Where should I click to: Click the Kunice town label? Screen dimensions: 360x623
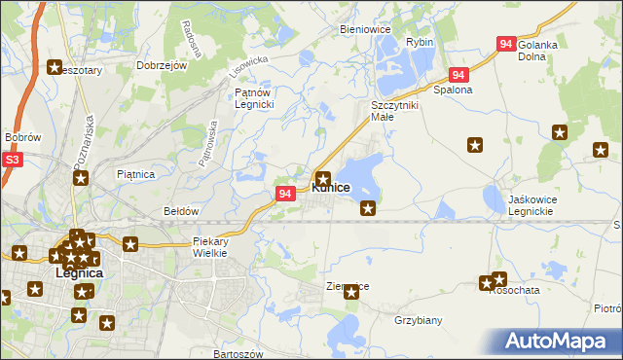[x=330, y=187]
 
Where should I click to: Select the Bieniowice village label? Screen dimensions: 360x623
[x=365, y=29]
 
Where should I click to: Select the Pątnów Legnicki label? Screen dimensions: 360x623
[x=258, y=98]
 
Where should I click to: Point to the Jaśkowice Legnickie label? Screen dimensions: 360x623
[x=518, y=204]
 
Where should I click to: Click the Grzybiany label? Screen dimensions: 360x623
[x=419, y=319]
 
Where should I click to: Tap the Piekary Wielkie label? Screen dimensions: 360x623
[x=210, y=246]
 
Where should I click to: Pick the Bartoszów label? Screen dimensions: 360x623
[x=238, y=354]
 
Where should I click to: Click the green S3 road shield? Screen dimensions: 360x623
[x=12, y=160]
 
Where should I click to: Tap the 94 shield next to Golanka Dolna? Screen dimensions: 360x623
[x=506, y=44]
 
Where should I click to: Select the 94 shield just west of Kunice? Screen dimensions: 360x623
[x=285, y=194]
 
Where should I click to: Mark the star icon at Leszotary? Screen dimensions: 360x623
[x=55, y=67]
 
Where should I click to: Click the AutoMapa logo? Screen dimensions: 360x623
[x=560, y=342]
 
